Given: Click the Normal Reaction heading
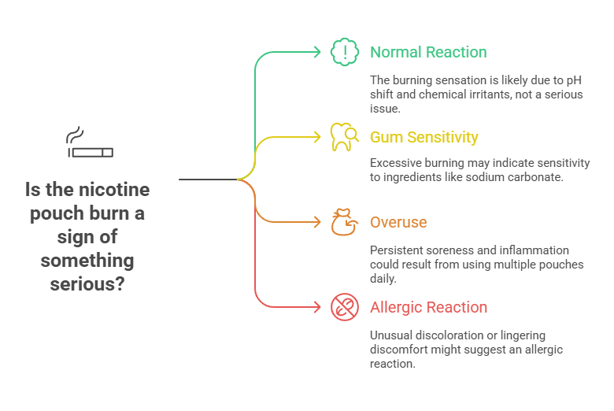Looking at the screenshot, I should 428,53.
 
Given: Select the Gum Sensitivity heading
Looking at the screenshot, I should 424,138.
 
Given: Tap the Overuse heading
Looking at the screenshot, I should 398,223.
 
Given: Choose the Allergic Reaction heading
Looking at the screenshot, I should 428,308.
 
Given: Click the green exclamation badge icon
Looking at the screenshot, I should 344,53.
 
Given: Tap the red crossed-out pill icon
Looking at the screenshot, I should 344,308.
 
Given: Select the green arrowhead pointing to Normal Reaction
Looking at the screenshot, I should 317,53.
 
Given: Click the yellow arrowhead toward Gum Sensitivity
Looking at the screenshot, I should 317,138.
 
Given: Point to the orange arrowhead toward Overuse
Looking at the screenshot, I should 317,223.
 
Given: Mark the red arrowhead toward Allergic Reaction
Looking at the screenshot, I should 317,308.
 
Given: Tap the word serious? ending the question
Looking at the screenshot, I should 87,283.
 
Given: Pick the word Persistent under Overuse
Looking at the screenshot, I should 398,251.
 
